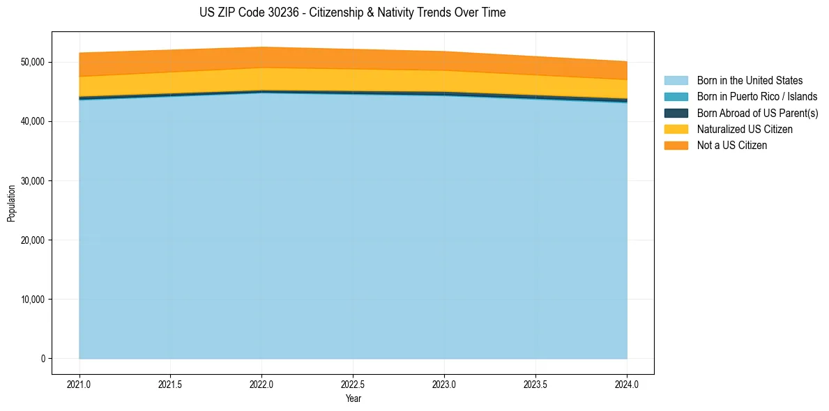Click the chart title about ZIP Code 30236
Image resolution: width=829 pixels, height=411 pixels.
(352, 13)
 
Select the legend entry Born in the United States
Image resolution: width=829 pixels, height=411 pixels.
(750, 81)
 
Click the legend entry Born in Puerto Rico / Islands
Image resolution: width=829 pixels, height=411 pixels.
(757, 97)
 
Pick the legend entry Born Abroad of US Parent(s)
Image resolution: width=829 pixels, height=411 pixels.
(757, 113)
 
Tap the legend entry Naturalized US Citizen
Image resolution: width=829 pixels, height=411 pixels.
(745, 129)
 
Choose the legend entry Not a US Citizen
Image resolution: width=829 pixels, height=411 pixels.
(731, 145)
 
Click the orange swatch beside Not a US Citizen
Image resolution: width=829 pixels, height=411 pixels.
(676, 145)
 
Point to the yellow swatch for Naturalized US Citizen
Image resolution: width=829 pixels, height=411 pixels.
(676, 129)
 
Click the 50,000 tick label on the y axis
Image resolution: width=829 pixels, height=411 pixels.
(33, 62)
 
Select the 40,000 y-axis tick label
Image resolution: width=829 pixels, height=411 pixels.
(33, 121)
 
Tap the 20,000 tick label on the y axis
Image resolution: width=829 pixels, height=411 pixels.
(33, 240)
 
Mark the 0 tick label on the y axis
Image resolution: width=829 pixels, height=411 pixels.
(43, 359)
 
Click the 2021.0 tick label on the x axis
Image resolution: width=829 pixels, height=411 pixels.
(79, 384)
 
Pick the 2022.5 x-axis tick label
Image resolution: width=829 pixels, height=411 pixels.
(353, 384)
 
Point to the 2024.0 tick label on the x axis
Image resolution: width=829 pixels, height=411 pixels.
(627, 384)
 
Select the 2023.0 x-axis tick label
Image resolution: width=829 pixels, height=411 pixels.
(444, 384)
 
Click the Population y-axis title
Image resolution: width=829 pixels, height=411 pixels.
(11, 203)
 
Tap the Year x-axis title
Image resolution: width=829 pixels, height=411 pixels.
(353, 398)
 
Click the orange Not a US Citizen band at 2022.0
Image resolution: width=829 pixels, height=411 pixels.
(261, 57)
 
